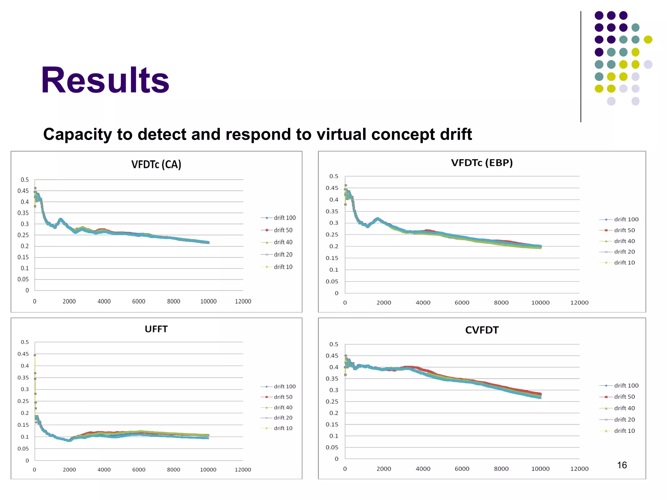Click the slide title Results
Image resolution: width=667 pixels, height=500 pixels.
[x=105, y=80]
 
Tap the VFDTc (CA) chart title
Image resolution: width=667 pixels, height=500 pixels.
[x=156, y=164]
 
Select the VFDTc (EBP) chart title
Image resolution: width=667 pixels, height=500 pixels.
[x=482, y=163]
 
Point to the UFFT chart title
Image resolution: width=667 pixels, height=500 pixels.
[x=156, y=329]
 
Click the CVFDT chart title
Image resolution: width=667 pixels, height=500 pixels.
[x=482, y=330]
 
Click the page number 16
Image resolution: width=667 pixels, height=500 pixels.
[x=622, y=465]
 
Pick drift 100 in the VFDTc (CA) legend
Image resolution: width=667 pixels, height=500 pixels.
[x=285, y=218]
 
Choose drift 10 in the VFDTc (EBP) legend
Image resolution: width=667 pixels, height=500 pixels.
[x=624, y=263]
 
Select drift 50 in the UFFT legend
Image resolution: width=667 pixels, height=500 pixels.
[x=283, y=397]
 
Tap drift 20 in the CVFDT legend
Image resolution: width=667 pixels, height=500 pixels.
[x=624, y=420]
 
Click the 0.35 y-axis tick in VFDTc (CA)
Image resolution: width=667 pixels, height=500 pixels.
[x=23, y=213]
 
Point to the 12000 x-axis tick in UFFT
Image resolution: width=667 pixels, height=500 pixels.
[x=243, y=469]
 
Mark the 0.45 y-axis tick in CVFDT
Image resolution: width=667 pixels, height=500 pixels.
[x=332, y=356]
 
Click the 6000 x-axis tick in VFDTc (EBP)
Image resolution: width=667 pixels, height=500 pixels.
[x=462, y=303]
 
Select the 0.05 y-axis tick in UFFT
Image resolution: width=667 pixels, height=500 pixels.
[x=23, y=449]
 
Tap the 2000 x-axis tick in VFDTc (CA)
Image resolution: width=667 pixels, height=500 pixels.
[x=69, y=301]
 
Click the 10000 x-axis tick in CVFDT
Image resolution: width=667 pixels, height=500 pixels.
[x=540, y=469]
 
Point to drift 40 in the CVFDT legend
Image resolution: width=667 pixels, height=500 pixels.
[x=624, y=408]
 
